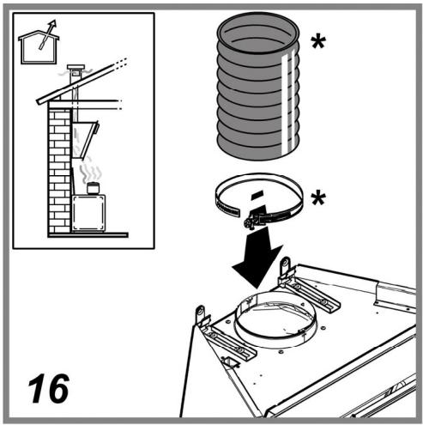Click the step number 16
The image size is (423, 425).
tap(49, 388)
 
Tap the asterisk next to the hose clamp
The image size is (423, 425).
tap(318, 198)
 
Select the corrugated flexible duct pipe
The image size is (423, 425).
tap(258, 86)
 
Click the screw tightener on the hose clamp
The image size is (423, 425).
tap(251, 220)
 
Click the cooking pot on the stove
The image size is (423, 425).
tap(93, 188)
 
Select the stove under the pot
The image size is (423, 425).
tap(88, 213)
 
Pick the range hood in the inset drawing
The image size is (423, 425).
tap(85, 140)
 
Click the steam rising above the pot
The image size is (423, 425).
tap(91, 172)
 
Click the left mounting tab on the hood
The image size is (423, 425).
tap(200, 314)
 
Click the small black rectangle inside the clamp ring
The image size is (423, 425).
tap(257, 196)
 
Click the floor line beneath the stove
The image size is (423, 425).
tap(88, 235)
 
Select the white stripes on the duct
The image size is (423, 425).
tap(288, 103)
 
